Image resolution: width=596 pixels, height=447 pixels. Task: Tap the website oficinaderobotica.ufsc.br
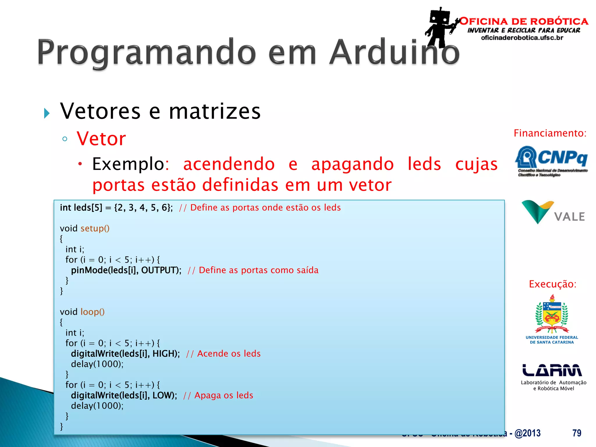[x=522, y=38]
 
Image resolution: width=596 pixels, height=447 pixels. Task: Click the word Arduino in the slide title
[x=394, y=52]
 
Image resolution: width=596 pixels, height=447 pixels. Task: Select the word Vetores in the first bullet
[x=100, y=111]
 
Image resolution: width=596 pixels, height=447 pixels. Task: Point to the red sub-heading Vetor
[x=101, y=139]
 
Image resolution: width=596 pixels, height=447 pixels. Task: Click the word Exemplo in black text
[x=128, y=164]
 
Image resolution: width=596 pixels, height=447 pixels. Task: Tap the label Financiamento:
[x=550, y=133]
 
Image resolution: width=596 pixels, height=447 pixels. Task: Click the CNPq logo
[x=551, y=161]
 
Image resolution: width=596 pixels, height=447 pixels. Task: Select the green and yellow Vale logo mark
[x=537, y=211]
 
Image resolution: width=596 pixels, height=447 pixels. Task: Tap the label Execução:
[x=552, y=284]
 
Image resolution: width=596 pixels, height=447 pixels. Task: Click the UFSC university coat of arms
[x=552, y=314]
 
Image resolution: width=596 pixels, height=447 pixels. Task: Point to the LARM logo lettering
[x=552, y=370]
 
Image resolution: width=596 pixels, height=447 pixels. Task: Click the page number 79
[x=577, y=433]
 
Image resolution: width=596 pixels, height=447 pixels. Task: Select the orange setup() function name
[x=95, y=228]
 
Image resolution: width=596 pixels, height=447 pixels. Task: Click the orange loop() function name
[x=92, y=312]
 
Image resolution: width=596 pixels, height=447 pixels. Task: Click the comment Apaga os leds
[x=223, y=395]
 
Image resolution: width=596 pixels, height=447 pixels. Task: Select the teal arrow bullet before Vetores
[x=47, y=113]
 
